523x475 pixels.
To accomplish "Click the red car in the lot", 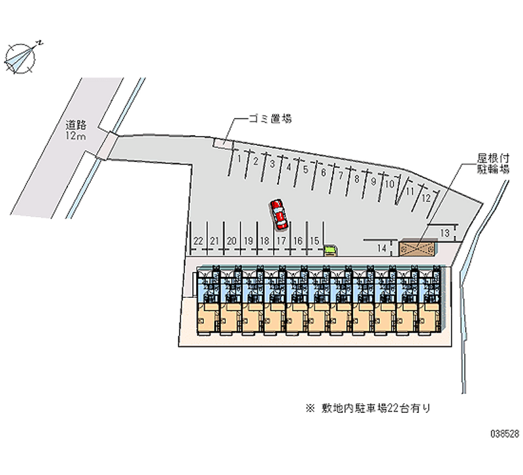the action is [278, 214].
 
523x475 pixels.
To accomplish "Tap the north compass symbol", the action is [21, 58].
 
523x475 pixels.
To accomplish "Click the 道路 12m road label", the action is [76, 130].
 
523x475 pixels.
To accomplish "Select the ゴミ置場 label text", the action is [270, 118].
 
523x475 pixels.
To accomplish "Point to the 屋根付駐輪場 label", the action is [493, 163].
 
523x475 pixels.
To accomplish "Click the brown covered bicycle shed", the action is [418, 249].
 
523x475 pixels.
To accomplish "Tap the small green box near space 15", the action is [330, 250].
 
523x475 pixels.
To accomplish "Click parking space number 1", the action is [239, 159].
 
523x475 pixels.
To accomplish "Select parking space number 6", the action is [323, 172].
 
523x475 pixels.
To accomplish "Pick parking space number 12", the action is [426, 199].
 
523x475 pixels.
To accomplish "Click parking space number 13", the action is [445, 233].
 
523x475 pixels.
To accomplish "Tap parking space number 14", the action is [382, 248].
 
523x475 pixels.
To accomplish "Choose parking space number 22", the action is [198, 240].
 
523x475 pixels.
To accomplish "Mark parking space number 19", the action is [248, 240].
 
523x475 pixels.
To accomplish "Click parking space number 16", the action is [298, 240].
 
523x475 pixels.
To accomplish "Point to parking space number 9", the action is [373, 182].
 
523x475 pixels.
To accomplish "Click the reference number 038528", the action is [505, 434].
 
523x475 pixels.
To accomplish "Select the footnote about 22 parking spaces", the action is [368, 408].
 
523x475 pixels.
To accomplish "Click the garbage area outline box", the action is [222, 143].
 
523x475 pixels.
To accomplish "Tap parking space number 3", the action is [273, 163].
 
